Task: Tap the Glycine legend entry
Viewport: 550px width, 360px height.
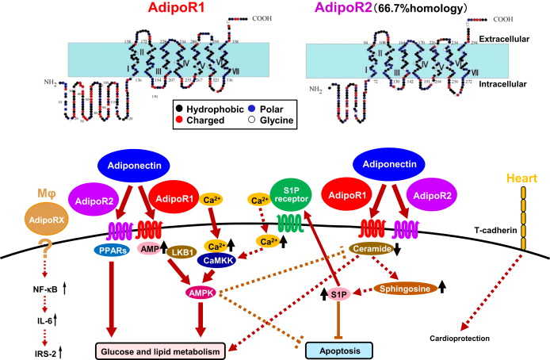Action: pos(277,121)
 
